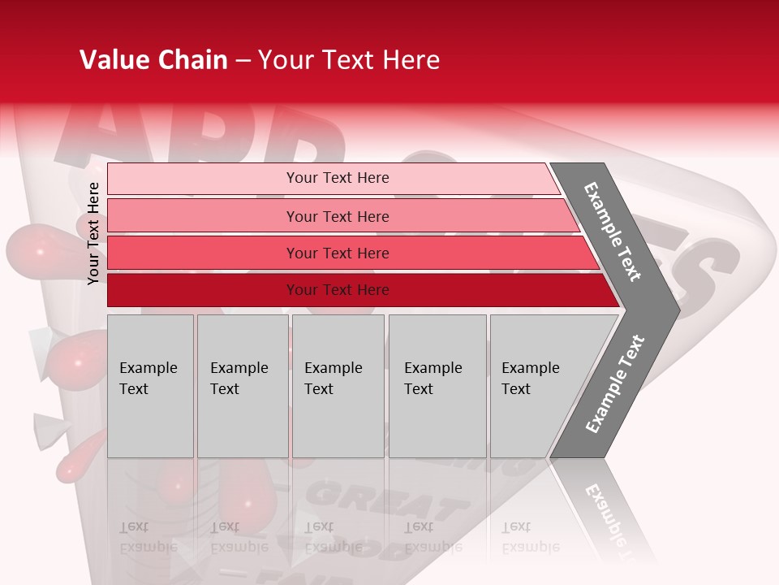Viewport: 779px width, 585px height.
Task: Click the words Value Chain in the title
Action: tap(153, 60)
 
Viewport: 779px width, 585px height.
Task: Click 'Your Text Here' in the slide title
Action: tap(349, 60)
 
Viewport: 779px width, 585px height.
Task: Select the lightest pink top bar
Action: tap(203, 179)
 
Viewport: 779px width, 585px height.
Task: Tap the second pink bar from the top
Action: tap(203, 216)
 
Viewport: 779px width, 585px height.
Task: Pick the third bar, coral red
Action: tap(203, 253)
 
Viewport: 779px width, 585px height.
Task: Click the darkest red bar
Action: tap(203, 290)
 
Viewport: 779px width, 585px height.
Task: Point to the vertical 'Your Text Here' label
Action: tap(93, 233)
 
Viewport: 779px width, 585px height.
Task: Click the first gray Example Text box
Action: tap(150, 386)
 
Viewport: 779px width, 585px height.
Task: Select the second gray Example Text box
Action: tap(242, 386)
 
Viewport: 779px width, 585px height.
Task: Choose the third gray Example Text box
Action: tap(338, 386)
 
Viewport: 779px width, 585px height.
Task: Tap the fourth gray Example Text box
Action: tap(437, 386)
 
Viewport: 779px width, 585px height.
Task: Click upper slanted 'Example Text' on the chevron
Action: tap(613, 232)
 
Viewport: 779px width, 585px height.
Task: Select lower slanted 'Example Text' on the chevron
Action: tap(615, 384)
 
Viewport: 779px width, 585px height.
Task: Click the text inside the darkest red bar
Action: tap(338, 290)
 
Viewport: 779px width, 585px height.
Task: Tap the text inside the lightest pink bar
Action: tap(338, 178)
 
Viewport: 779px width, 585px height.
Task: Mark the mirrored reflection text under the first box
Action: tap(148, 536)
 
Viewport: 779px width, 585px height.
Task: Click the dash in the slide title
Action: tap(243, 61)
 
